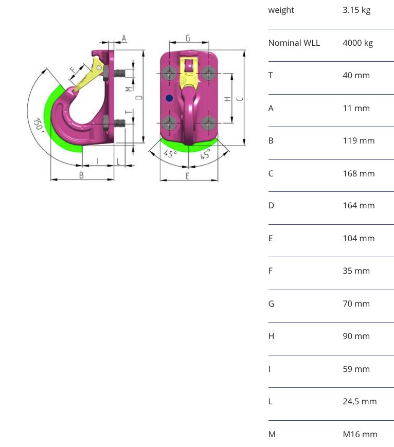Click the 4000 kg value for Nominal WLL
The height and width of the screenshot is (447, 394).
tap(358, 43)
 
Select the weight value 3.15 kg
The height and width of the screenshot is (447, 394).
tap(356, 10)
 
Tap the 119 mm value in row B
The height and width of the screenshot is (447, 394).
tap(359, 140)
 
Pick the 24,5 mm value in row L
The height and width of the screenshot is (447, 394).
tap(360, 401)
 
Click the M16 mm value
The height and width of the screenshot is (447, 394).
tap(360, 434)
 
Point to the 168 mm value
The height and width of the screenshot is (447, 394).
tap(359, 173)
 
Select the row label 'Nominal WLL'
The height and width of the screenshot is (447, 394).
tap(294, 43)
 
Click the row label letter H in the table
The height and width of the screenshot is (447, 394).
tap(271, 336)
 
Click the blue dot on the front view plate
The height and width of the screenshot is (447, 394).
tap(169, 98)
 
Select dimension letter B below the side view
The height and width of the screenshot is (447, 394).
tap(81, 175)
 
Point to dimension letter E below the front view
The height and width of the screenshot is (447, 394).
tap(187, 176)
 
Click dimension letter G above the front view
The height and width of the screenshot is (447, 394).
tap(188, 38)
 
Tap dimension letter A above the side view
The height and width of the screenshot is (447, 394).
tap(124, 38)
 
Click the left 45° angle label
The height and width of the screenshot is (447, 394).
tap(170, 154)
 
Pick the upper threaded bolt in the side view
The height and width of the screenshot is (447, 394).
tap(119, 73)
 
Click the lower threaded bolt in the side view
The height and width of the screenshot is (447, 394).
tap(119, 123)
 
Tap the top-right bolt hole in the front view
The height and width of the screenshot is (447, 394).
tap(208, 73)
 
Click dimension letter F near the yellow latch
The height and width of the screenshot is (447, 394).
tap(73, 69)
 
